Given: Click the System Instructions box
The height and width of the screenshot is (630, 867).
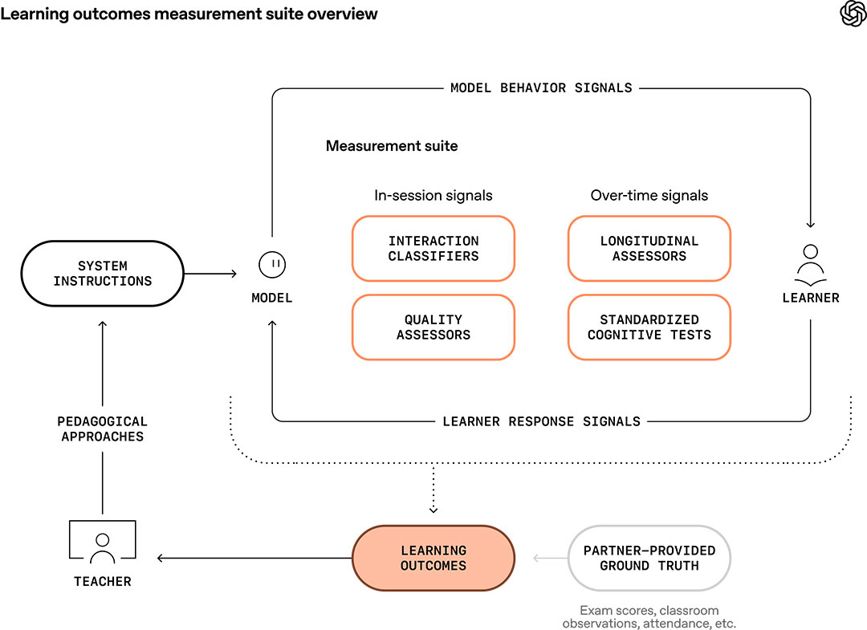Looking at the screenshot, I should (103, 274).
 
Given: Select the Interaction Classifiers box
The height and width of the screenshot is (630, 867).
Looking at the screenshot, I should (433, 249).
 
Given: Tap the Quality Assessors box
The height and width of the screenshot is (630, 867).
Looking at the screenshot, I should (433, 327).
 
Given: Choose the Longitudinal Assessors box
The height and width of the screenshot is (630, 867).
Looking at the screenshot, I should (649, 249).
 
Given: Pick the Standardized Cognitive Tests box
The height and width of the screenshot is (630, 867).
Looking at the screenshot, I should (649, 327).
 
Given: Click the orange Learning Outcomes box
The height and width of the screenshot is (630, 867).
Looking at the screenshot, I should (433, 558).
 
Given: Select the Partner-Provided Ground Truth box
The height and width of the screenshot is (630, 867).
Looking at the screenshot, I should (649, 558).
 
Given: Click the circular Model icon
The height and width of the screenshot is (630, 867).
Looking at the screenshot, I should (272, 264).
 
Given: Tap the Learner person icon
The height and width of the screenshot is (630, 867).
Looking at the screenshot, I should (810, 265).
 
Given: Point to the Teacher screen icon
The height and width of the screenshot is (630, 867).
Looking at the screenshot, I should (103, 543).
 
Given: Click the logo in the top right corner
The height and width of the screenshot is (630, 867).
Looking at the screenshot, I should (852, 14).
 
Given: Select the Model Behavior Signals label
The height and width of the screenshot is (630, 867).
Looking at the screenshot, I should (541, 87).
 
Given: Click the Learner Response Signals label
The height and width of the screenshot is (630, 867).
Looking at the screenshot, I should (541, 421).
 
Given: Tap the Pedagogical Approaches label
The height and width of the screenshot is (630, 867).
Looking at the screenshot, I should (103, 429).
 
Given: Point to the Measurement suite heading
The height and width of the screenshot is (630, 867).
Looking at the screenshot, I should (392, 146).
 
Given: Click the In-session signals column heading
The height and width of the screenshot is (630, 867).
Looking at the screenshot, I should (433, 196).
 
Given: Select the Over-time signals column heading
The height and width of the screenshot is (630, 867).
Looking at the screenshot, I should (649, 196).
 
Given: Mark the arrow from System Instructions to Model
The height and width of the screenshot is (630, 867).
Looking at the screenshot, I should (210, 274).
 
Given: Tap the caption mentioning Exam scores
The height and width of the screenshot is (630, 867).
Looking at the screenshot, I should (649, 617).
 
